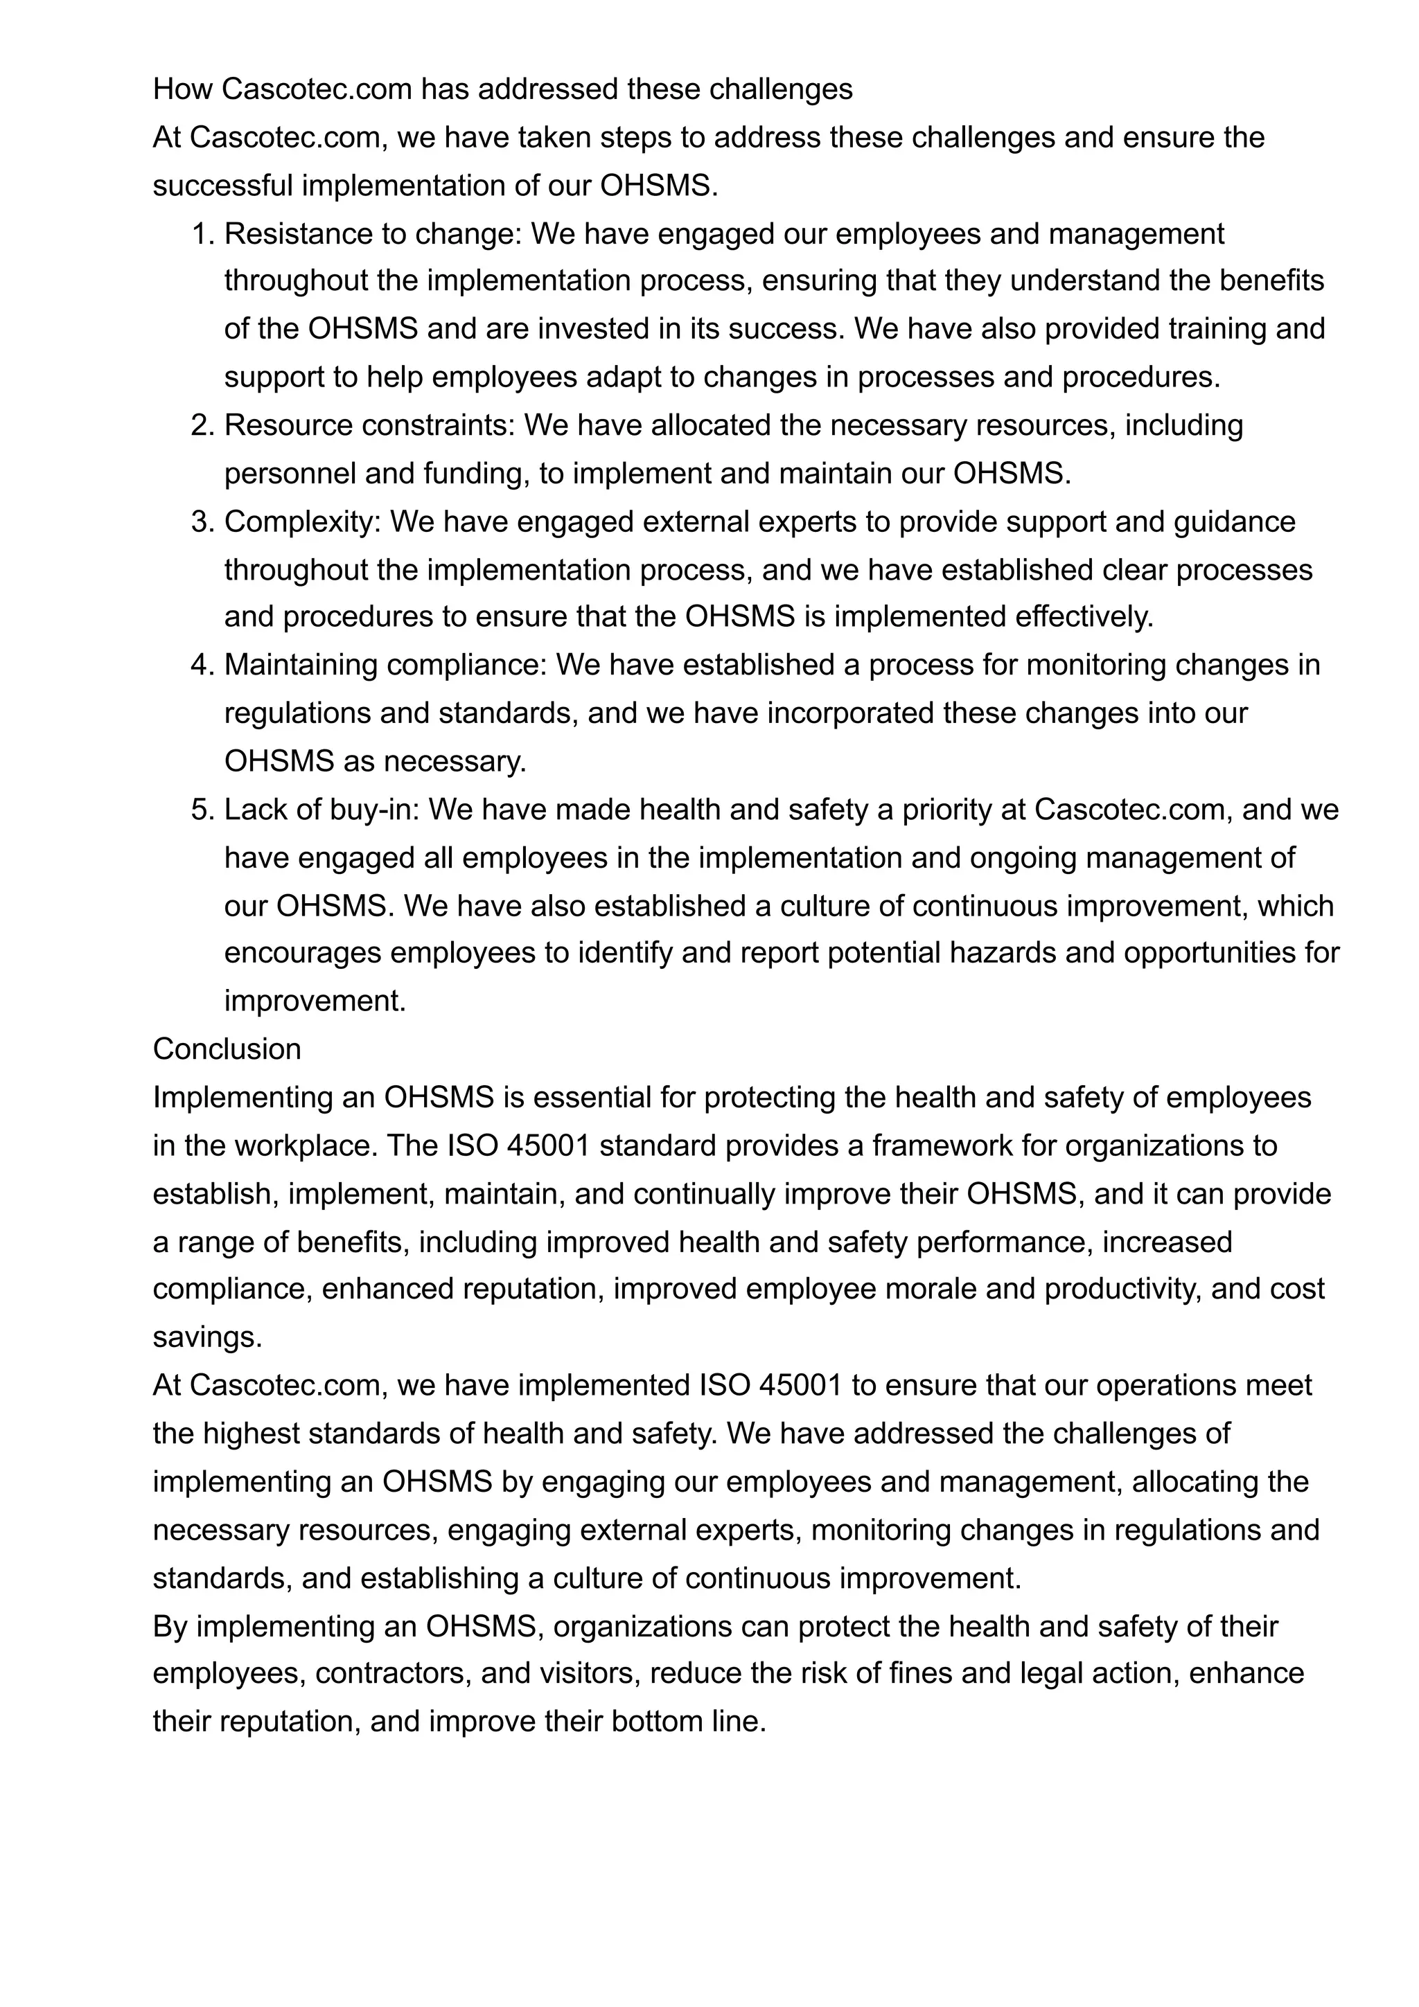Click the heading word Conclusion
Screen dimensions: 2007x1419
click(x=227, y=1049)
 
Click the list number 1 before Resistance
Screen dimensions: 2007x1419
click(x=201, y=234)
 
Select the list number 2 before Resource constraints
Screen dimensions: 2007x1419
click(x=201, y=426)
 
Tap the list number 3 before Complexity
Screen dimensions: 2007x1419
click(x=201, y=522)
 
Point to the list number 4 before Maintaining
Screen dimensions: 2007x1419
click(x=201, y=666)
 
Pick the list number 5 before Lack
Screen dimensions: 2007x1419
click(x=201, y=810)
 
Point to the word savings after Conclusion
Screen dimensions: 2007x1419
click(x=207, y=1337)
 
